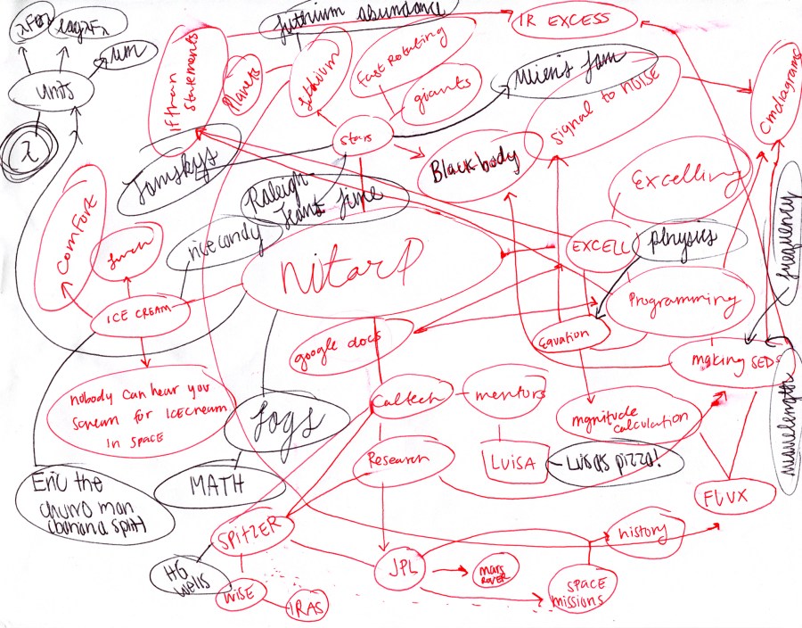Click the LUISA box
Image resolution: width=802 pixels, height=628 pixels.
[x=510, y=463]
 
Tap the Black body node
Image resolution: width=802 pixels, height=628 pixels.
[x=474, y=169]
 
